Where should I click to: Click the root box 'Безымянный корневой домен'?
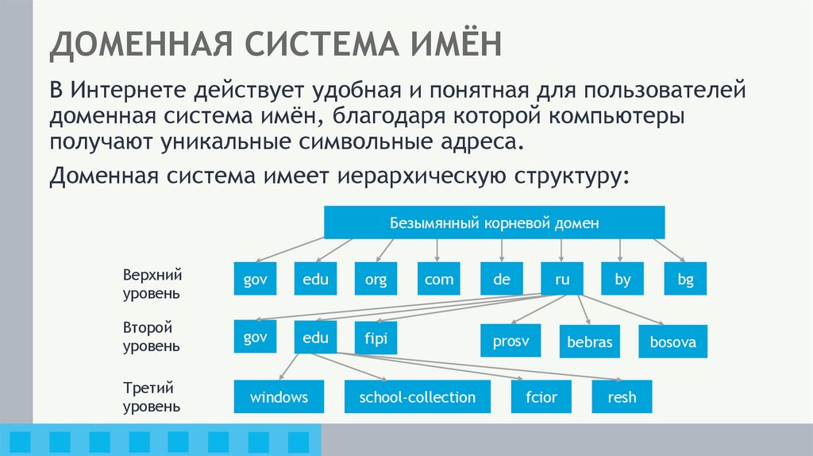(494, 222)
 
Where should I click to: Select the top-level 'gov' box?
(255, 279)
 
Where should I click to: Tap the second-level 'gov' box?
(255, 338)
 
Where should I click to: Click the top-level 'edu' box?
(315, 279)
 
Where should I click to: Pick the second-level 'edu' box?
(315, 338)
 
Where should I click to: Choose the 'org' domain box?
(376, 279)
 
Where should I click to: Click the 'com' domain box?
(439, 279)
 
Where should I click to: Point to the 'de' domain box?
(501, 279)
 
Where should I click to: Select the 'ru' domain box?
(561, 279)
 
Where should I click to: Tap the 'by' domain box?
(622, 279)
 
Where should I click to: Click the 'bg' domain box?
(685, 279)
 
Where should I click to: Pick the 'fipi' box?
(376, 338)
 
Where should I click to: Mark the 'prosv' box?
(511, 341)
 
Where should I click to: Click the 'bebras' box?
(590, 342)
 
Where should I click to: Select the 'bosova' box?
(672, 342)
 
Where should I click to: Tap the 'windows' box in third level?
(279, 396)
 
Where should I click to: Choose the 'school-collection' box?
(417, 396)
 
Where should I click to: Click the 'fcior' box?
(541, 396)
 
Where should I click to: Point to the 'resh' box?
(622, 396)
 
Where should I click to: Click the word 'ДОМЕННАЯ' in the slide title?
(139, 45)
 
